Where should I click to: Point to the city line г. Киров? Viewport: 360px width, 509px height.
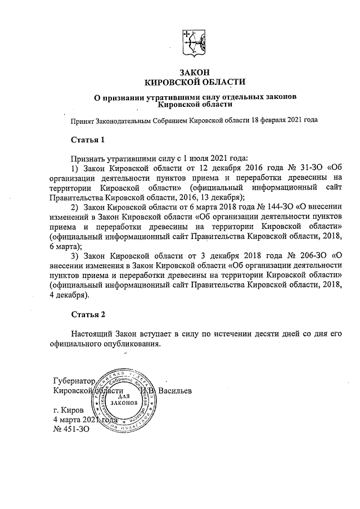click(68, 411)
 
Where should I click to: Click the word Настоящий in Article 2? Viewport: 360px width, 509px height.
click(91, 334)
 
